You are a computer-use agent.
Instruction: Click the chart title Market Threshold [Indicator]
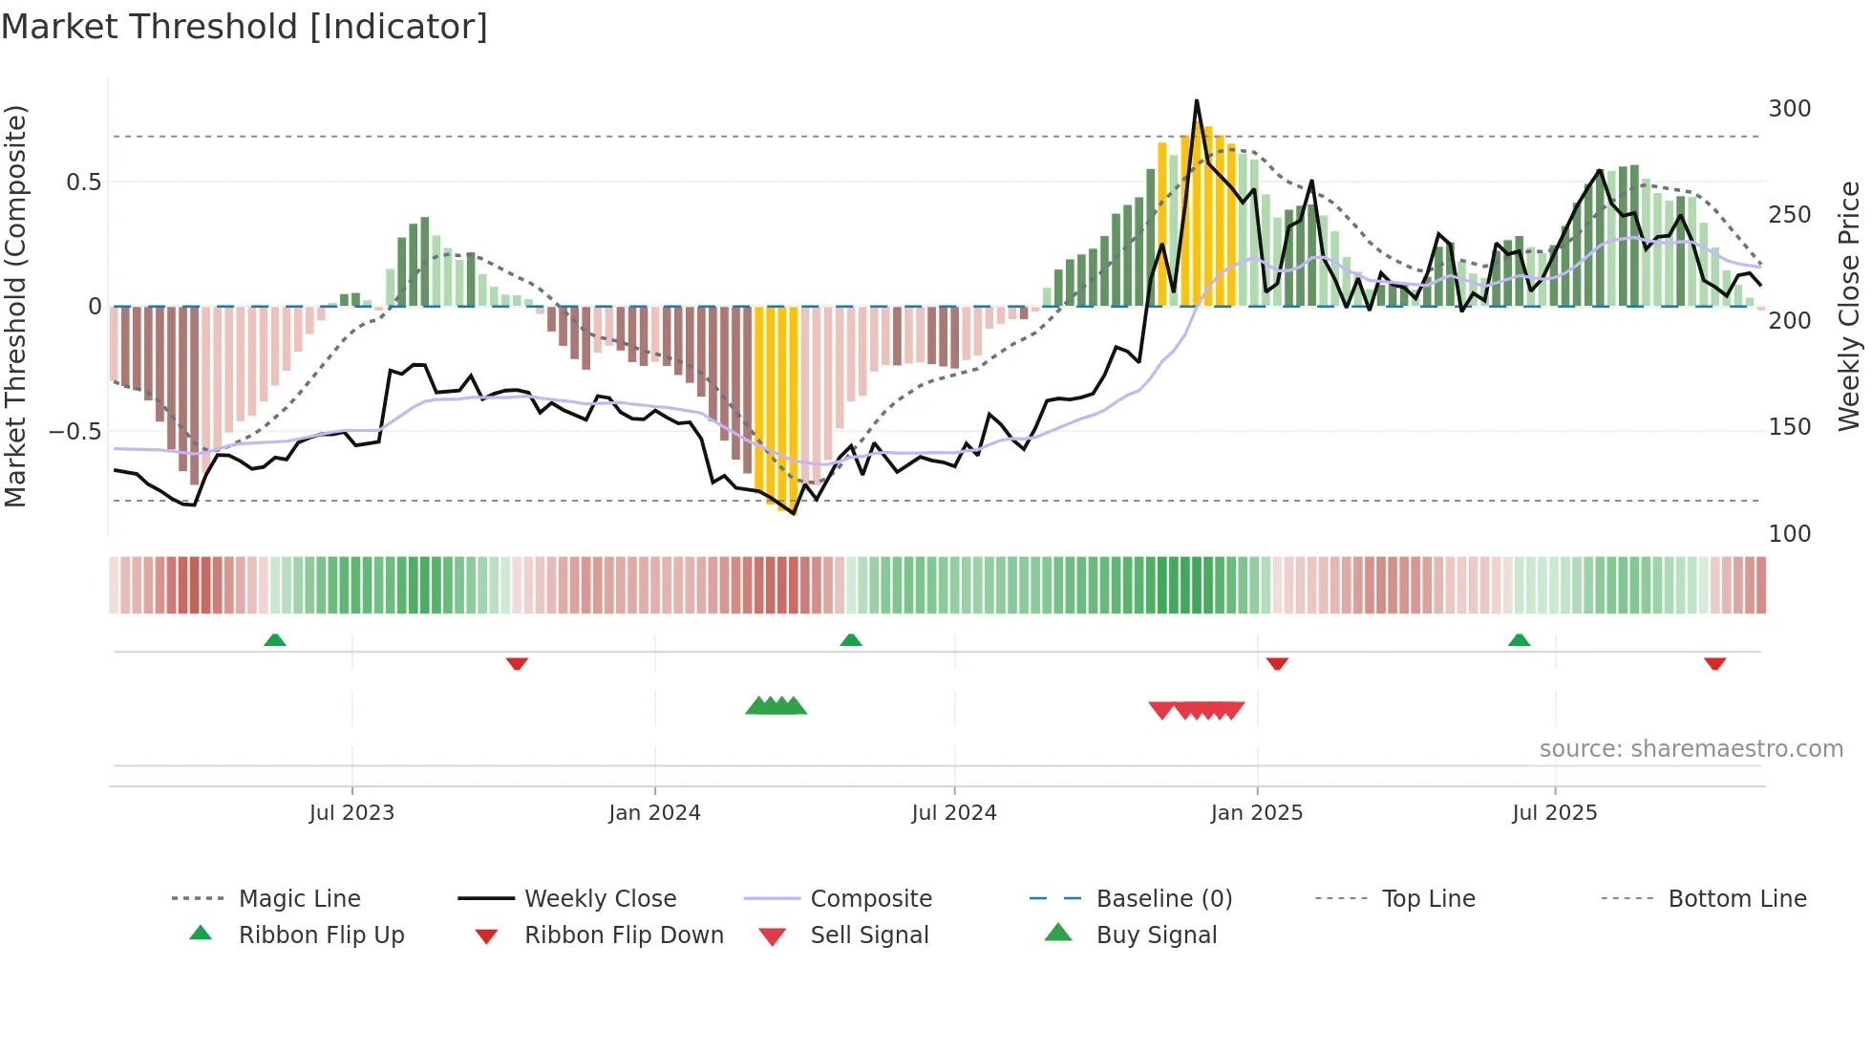coord(245,27)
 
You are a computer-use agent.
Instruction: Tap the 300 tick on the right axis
coord(1789,109)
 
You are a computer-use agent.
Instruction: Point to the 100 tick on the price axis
coord(1789,533)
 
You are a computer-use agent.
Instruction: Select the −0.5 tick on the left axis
coord(74,431)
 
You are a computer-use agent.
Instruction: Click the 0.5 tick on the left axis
coord(83,182)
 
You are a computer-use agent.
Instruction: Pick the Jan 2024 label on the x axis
coord(654,813)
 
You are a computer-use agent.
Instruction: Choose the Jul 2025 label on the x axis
coord(1554,813)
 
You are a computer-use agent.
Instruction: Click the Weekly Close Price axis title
coord(1849,306)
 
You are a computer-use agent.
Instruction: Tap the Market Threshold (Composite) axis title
coord(15,306)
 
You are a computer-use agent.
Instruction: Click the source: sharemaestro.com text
coord(1691,749)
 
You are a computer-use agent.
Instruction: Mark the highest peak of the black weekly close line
coord(1196,101)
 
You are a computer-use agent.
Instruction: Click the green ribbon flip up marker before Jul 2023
coord(275,639)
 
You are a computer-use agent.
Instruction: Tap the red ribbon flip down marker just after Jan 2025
coord(1277,663)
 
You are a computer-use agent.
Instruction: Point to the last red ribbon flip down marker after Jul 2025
coord(1714,663)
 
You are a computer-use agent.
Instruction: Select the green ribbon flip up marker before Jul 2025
coord(1519,639)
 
